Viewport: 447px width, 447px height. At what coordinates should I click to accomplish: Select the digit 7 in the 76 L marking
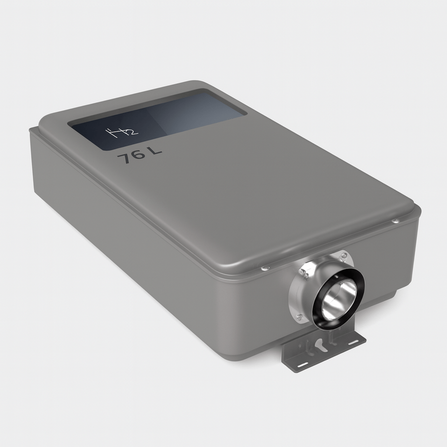(125, 158)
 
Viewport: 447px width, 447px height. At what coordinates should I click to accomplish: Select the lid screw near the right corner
(395, 221)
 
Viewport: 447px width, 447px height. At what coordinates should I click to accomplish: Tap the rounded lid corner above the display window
(192, 84)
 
